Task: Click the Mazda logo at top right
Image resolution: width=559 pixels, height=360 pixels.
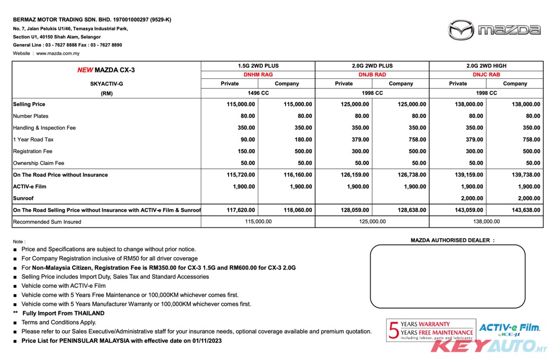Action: point(494,30)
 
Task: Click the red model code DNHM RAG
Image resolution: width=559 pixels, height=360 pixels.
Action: point(258,74)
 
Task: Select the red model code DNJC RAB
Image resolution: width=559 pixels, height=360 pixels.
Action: point(486,74)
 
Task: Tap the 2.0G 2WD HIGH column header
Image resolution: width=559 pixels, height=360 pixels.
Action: point(486,66)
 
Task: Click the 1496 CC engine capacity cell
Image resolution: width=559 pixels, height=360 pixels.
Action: point(258,93)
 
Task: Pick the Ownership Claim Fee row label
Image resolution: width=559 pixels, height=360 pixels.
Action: point(39,163)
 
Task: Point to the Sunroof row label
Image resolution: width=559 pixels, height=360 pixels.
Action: point(23,198)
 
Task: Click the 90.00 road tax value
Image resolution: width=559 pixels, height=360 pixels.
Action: point(247,140)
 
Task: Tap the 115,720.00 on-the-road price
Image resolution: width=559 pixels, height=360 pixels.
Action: point(241,175)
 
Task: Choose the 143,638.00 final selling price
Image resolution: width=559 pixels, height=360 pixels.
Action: point(526,210)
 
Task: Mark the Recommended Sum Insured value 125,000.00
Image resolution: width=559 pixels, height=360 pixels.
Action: point(372,222)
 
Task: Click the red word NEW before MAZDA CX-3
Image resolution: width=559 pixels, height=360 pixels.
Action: point(85,70)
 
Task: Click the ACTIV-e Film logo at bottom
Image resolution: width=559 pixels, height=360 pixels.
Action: point(509,330)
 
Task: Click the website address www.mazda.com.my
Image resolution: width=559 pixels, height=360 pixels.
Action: point(58,54)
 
